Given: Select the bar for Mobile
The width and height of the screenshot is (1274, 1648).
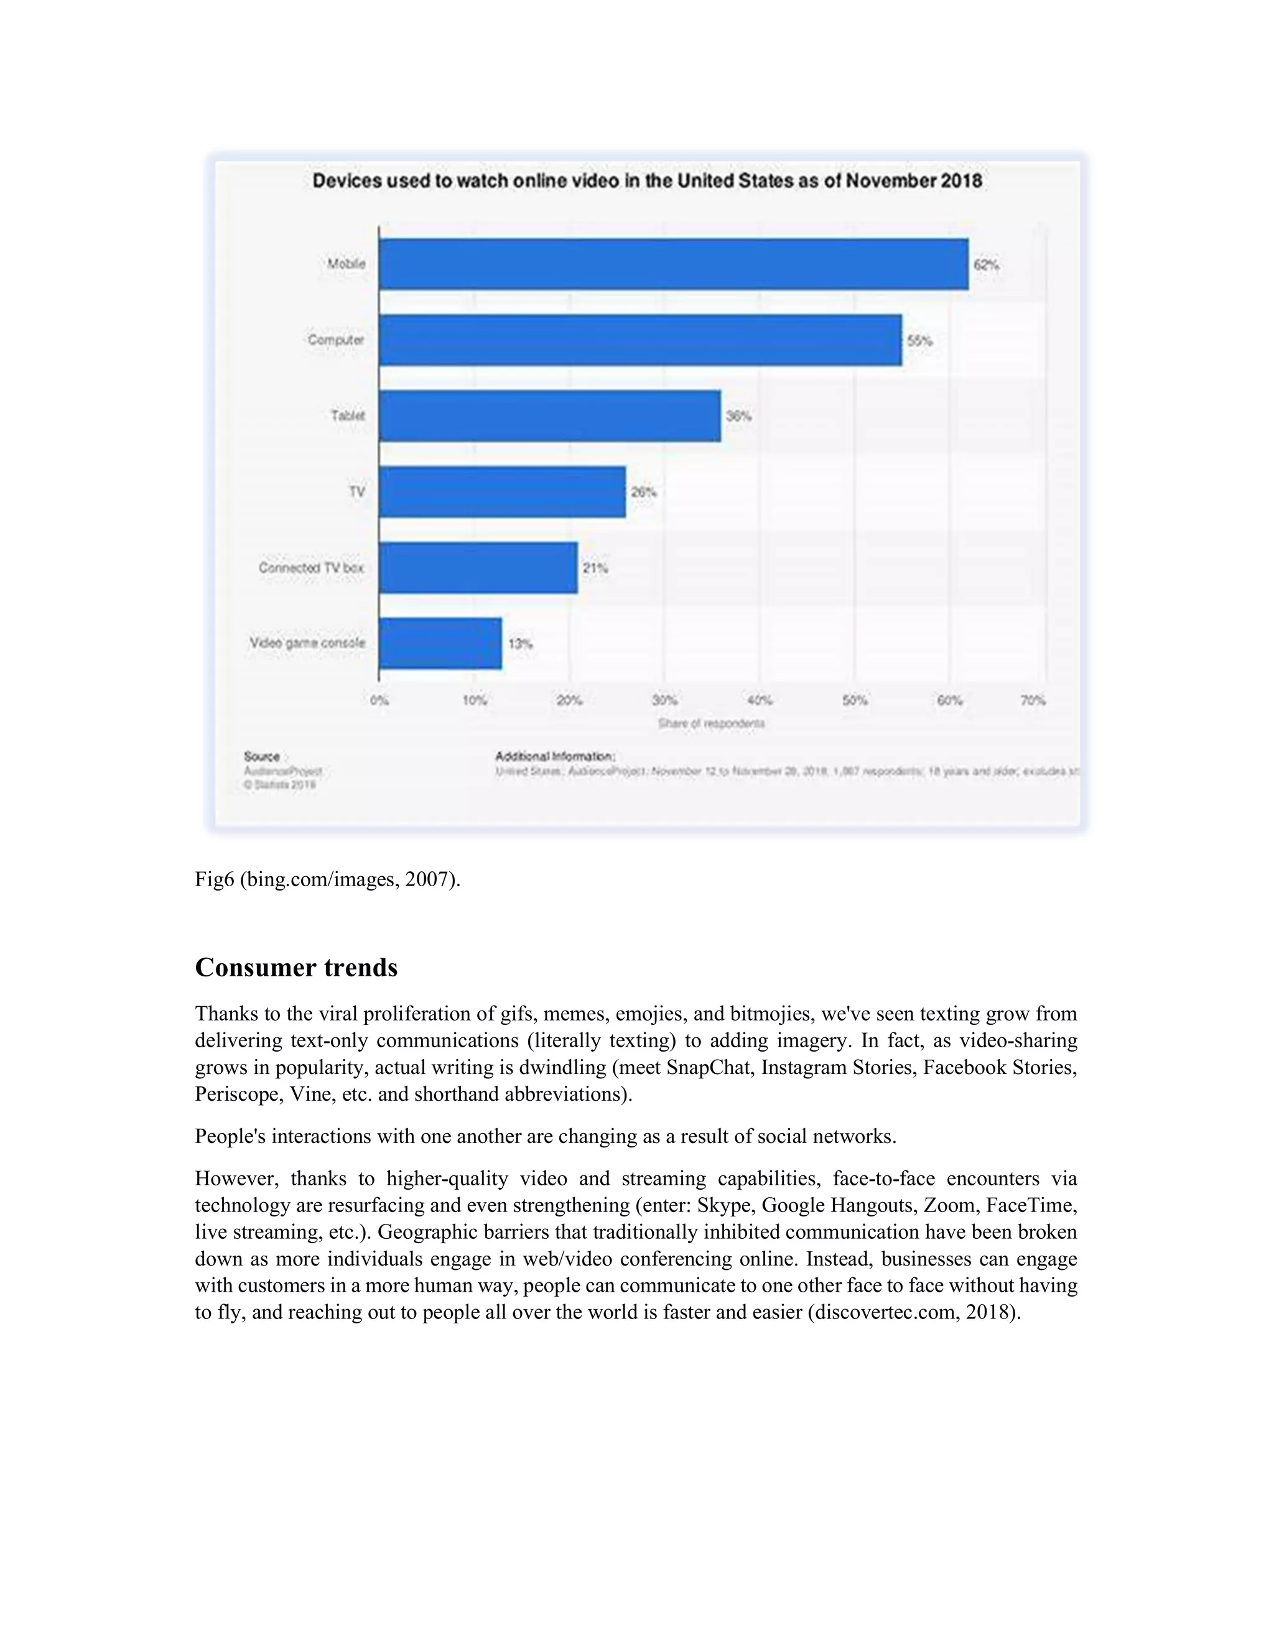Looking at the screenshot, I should pyautogui.click(x=673, y=264).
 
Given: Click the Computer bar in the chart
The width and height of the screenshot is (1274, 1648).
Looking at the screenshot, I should pyautogui.click(x=640, y=340).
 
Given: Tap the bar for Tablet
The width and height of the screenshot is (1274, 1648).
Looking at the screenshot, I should pyautogui.click(x=549, y=416).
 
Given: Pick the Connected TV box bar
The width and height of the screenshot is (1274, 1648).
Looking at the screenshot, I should pyautogui.click(x=478, y=567).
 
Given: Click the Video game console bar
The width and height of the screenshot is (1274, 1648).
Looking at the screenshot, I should pyautogui.click(x=440, y=644).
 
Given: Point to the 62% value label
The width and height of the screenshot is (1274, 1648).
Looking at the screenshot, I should pyautogui.click(x=987, y=265).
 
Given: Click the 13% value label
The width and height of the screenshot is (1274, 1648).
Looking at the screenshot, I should pyautogui.click(x=520, y=644).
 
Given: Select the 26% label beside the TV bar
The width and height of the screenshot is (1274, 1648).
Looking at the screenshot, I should pyautogui.click(x=644, y=492).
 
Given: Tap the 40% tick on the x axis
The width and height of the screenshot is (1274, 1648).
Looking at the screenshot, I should pyautogui.click(x=760, y=700).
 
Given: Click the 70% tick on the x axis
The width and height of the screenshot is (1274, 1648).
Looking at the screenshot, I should pyautogui.click(x=1033, y=700).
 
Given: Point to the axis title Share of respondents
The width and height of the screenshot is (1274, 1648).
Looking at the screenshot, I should pyautogui.click(x=711, y=723).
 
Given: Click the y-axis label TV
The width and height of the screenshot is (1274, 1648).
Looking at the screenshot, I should pyautogui.click(x=357, y=492).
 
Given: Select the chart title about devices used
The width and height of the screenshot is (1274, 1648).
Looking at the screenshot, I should pyautogui.click(x=647, y=181).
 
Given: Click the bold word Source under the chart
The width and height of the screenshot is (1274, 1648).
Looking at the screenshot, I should pyautogui.click(x=262, y=756).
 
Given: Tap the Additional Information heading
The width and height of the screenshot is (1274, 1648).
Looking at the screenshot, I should pyautogui.click(x=555, y=756).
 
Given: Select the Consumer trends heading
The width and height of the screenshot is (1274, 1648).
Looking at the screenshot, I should pyautogui.click(x=296, y=968).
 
